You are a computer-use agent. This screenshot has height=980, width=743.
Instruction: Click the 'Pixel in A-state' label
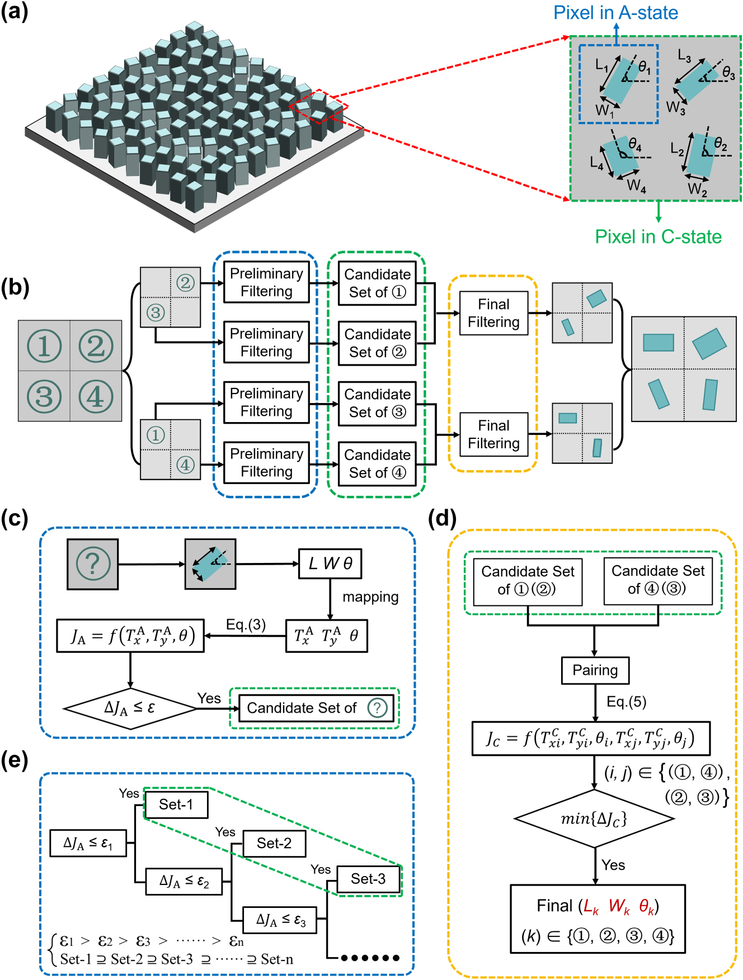615,12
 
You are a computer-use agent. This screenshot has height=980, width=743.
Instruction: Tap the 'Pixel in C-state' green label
658,236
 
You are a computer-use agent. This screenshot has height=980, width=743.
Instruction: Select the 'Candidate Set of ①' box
377,283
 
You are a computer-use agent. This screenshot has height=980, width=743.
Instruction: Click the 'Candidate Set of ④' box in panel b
377,463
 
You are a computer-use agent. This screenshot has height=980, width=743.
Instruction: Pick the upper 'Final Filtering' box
493,313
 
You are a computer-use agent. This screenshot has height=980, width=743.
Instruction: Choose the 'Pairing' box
595,670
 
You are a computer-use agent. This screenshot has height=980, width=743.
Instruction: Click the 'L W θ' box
330,564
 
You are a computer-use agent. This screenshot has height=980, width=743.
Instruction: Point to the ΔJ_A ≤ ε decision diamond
130,708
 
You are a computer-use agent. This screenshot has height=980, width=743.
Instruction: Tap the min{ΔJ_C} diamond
594,819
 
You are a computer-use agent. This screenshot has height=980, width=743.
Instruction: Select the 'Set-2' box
274,843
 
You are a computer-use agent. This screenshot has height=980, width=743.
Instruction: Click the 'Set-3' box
368,879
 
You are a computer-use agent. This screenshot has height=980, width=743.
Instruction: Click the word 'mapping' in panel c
370,597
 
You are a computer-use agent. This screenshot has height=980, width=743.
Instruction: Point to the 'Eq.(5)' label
626,702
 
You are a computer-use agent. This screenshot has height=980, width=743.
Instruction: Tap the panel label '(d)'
442,518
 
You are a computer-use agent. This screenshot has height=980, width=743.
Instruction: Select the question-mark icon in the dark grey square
92,564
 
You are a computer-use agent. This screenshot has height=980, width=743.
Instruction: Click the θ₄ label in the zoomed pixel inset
634,145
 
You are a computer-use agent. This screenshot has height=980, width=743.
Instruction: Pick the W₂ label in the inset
697,190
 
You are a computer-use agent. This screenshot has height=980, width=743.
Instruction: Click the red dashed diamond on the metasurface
319,106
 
